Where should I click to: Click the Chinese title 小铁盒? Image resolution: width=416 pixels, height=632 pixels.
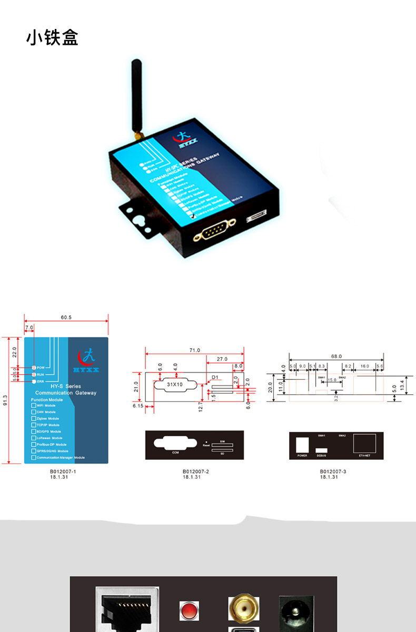[x=52, y=38]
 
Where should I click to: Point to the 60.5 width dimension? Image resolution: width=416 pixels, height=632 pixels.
[x=66, y=318]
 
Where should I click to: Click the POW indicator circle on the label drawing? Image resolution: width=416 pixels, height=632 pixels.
[x=34, y=368]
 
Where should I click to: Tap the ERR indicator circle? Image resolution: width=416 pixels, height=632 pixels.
[x=34, y=381]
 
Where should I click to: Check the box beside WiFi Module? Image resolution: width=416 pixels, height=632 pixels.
[x=34, y=406]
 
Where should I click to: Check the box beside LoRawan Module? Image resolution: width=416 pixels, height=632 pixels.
[x=34, y=438]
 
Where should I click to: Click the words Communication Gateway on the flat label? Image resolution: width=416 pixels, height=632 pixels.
[x=66, y=393]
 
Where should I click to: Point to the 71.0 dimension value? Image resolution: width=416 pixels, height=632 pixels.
[x=195, y=350]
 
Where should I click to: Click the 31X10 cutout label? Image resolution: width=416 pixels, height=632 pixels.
[x=174, y=384]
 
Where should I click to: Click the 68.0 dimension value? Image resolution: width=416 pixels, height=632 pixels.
[x=336, y=356]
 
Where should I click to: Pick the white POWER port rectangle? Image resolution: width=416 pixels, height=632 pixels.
[x=302, y=444]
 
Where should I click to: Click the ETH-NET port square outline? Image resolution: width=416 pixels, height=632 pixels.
[x=364, y=442]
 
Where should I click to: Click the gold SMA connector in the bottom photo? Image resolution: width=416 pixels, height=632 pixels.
[x=244, y=608]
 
